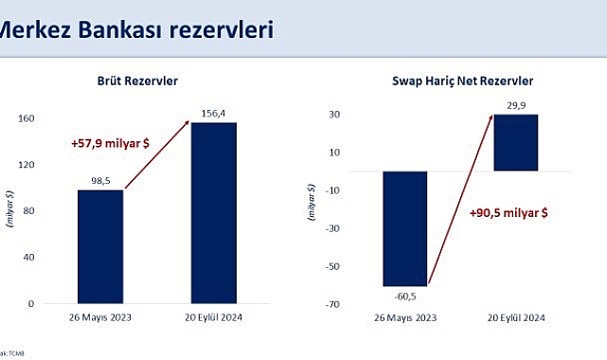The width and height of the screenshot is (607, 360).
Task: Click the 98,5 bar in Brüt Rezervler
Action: click(100, 245)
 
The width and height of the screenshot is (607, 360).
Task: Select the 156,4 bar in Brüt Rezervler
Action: click(213, 212)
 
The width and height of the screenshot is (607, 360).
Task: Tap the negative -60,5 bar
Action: click(405, 228)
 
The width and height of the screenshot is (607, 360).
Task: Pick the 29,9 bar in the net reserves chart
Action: click(515, 143)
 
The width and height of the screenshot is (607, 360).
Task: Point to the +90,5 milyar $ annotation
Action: click(509, 213)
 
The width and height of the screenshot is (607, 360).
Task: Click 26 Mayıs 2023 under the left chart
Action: click(100, 316)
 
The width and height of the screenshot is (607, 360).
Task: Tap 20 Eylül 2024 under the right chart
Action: click(515, 316)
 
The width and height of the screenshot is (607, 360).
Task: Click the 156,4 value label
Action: click(212, 115)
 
